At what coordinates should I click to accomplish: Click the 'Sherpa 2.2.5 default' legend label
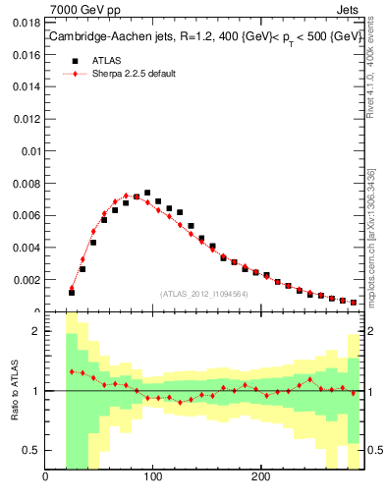pos(132,74)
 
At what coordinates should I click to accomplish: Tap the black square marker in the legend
pos(73,59)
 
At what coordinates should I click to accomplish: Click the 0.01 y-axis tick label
pos(32,151)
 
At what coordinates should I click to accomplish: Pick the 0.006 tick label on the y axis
pos(28,216)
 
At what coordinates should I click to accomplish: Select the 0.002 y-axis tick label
pos(28,280)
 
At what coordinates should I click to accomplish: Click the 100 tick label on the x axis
pos(152,478)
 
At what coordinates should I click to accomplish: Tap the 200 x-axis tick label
pos(260,478)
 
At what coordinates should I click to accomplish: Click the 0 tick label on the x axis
pos(45,478)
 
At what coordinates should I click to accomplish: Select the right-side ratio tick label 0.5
pos(372,451)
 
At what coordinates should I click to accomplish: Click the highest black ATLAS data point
pos(147,194)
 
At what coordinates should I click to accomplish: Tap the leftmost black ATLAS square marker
pos(72,293)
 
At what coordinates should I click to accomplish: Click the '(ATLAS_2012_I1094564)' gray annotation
pos(203,293)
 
